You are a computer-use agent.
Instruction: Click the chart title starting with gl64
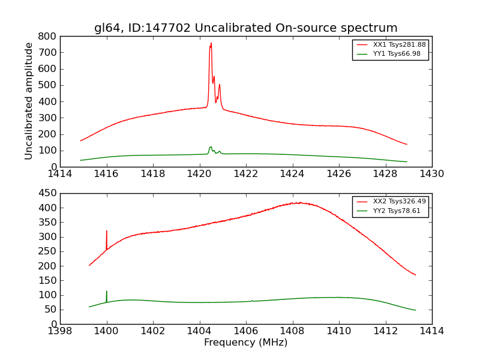click(245, 28)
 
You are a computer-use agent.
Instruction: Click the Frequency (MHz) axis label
click(245, 343)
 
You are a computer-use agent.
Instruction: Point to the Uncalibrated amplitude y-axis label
click(29, 101)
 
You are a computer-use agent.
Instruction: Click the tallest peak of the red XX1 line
click(211, 43)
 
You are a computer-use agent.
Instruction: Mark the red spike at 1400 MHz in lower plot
click(107, 231)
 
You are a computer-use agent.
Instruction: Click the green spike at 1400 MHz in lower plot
click(107, 292)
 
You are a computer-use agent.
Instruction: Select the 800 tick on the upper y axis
click(48, 36)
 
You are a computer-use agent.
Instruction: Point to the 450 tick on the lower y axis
click(48, 193)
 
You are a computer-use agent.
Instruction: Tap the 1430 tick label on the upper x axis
click(431, 174)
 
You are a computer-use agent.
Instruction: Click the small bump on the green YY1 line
click(211, 147)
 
